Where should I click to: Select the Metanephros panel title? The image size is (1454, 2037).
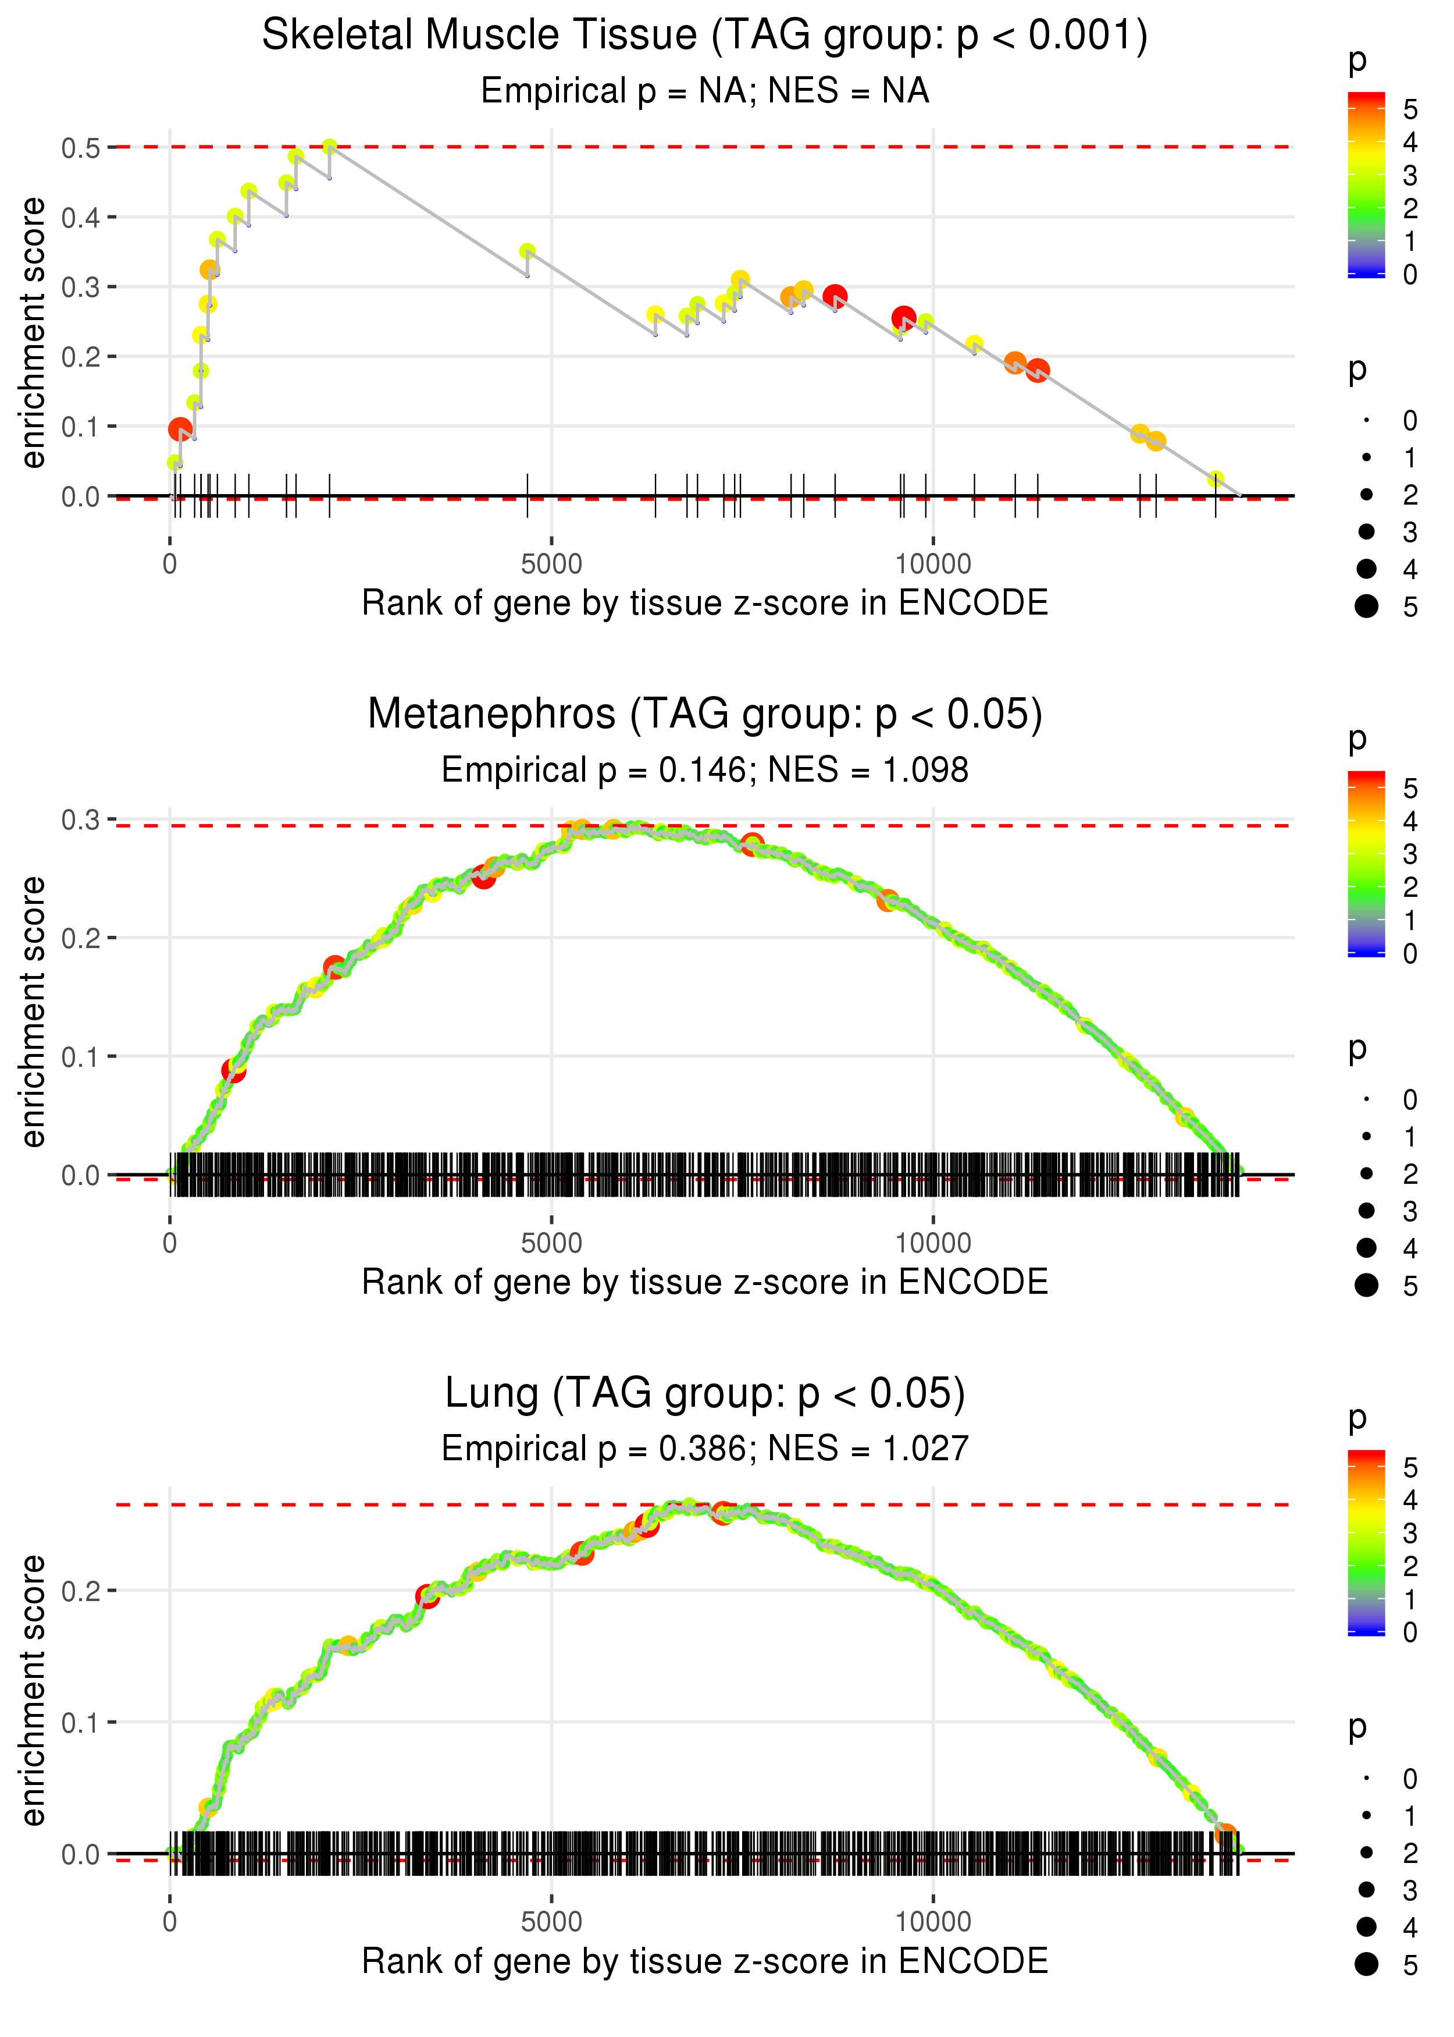coord(705,715)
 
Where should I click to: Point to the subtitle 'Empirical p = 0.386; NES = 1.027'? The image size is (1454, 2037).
coord(705,1449)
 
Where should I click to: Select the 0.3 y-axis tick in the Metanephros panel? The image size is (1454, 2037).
coord(81,819)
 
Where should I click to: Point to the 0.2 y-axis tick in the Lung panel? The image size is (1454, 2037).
coord(81,1592)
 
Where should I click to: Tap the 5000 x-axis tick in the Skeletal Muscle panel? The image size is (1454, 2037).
coord(551,565)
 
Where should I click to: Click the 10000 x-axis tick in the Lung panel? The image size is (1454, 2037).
coord(933,1922)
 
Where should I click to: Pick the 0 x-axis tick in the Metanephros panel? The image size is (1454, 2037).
coord(170,1243)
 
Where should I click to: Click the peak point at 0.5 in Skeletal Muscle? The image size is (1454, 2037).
coord(330,147)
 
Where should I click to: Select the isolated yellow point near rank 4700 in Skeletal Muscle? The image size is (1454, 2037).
coord(528,251)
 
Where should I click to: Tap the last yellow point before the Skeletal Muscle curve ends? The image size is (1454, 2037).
coord(1215,479)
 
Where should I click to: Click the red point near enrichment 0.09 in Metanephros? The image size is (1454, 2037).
coord(233,1070)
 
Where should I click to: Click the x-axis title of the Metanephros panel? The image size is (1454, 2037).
coord(705,1282)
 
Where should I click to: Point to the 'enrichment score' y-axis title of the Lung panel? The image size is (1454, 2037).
coord(33,1690)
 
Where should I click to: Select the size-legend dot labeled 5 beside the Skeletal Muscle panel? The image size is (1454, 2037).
coord(1366,606)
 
